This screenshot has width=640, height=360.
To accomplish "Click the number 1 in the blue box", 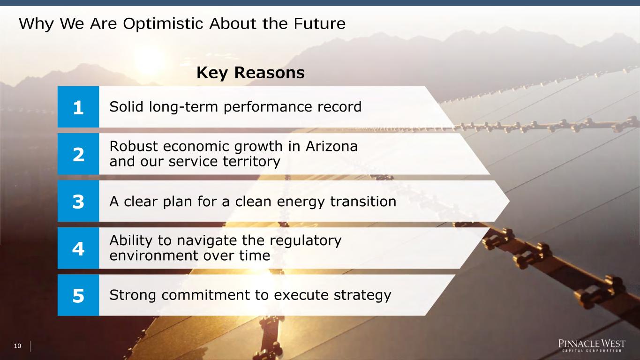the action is coord(78,107).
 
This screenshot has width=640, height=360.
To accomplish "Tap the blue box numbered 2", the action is coord(78,154).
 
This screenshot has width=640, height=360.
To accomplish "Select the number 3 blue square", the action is coord(78,201).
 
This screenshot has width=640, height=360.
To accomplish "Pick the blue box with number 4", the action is coord(78,248).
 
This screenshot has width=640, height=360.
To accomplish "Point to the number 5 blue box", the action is coord(78,295).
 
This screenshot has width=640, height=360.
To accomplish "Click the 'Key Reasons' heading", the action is coord(250,73).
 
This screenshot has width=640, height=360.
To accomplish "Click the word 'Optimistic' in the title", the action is coord(163,24).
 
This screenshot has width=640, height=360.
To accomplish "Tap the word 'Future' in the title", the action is coord(320,23).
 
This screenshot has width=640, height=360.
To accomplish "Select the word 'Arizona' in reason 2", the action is coord(331,146).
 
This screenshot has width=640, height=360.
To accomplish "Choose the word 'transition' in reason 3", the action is coord(363,201).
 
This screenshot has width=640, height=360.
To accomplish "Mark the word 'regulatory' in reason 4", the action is coord(305,241).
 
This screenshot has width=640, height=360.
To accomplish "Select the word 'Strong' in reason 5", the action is coord(133,295).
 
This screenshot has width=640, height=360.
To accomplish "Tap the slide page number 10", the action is coord(17,346).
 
